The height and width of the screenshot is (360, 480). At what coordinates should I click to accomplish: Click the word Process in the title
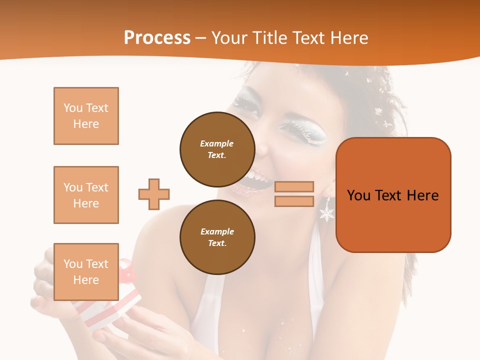(157, 38)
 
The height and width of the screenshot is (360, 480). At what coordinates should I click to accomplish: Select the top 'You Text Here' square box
(86, 116)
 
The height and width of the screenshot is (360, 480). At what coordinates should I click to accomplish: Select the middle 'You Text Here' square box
(86, 195)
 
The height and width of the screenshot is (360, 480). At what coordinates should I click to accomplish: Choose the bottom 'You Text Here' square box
(86, 271)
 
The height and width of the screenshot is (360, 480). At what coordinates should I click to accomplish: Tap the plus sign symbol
(154, 194)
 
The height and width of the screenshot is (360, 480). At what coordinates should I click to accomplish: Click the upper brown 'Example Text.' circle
(217, 149)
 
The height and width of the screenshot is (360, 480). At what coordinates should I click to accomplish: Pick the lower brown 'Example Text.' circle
(217, 237)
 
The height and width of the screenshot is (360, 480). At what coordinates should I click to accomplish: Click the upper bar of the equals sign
(294, 187)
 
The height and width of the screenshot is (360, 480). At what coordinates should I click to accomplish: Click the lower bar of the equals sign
(294, 201)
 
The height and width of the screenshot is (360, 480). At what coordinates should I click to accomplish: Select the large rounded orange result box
(393, 195)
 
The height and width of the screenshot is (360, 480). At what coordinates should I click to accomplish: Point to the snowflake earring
(327, 213)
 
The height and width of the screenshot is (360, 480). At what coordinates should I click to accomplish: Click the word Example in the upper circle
(217, 143)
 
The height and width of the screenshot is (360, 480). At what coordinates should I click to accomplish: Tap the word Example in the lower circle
(217, 231)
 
